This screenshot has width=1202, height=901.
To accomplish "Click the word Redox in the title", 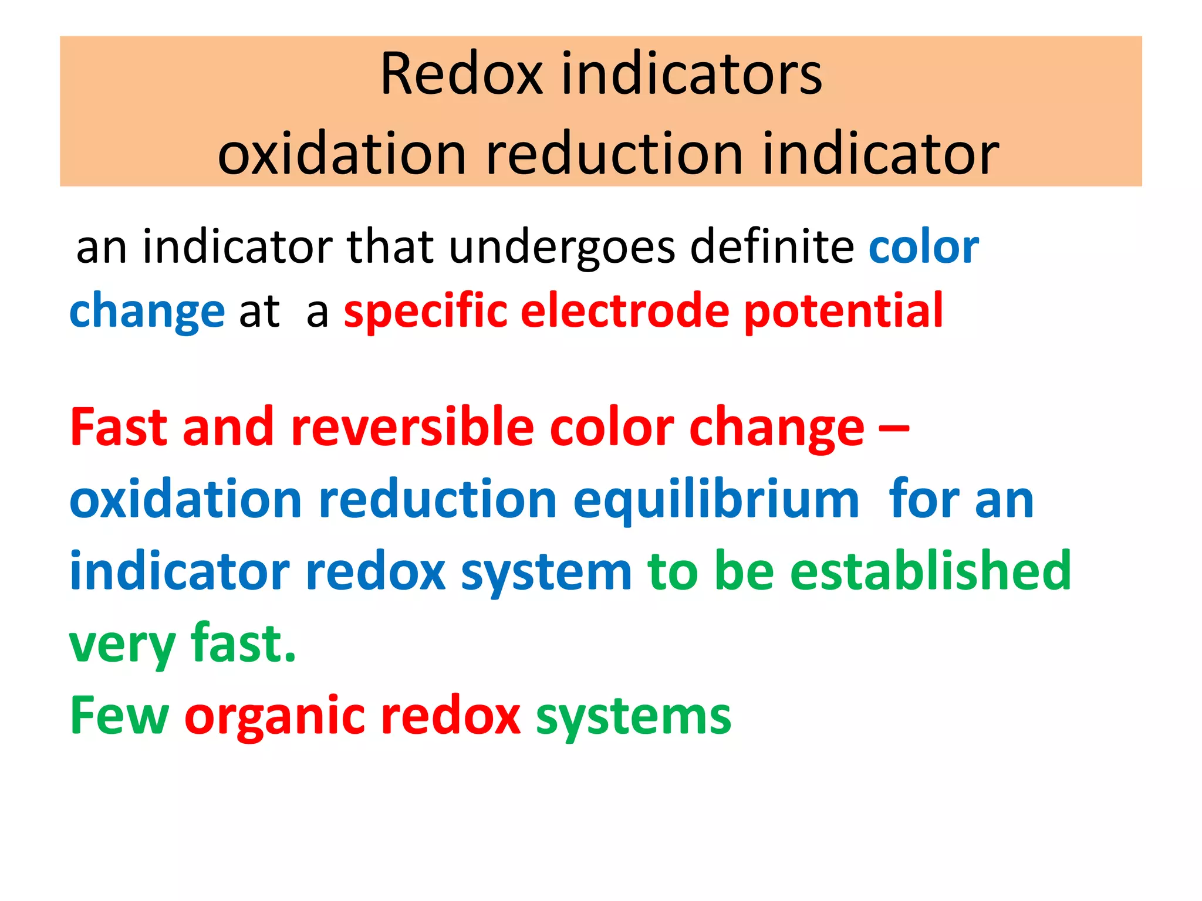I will click(x=461, y=74).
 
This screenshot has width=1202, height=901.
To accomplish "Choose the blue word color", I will click(x=923, y=247).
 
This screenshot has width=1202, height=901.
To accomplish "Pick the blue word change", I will click(x=147, y=311).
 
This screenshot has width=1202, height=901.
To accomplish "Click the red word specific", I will click(x=425, y=311).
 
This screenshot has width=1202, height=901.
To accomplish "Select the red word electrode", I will click(x=624, y=310).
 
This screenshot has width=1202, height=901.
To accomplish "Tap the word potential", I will click(x=843, y=311).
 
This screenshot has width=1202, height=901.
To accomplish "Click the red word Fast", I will click(x=119, y=427).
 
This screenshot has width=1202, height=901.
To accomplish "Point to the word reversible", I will click(x=412, y=427).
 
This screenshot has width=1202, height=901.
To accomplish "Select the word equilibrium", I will click(x=716, y=500).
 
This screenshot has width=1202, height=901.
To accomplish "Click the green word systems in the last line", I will click(x=633, y=717).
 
